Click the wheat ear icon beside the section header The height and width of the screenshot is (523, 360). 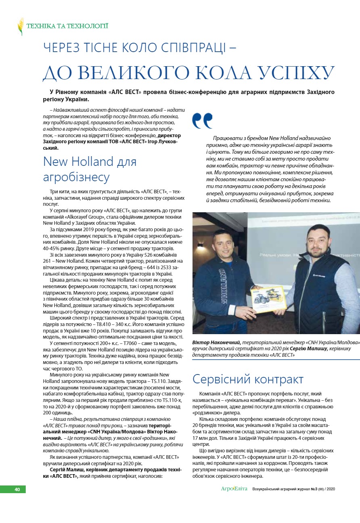[x=21, y=27]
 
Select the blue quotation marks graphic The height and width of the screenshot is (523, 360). [x=202, y=120]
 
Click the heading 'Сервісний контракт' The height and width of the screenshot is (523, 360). [x=248, y=379]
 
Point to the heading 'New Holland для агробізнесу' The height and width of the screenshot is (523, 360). [x=90, y=169]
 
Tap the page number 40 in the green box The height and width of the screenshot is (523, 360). [x=17, y=489]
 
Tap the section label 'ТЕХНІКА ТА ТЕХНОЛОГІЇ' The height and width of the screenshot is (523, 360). [x=67, y=26]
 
